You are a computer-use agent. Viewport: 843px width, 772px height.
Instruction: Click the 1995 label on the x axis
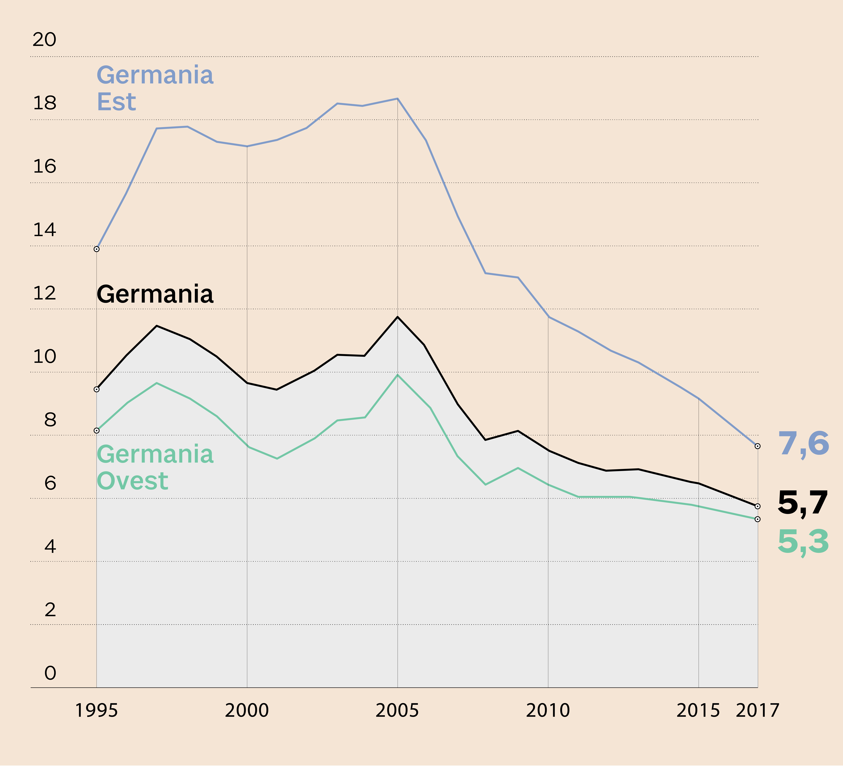[96, 711]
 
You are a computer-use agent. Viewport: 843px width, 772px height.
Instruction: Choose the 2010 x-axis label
[548, 711]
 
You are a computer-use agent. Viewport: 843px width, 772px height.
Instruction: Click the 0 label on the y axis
[50, 673]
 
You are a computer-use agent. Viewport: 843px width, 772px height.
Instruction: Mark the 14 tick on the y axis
[44, 230]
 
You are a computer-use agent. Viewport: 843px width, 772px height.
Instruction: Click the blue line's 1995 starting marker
[97, 249]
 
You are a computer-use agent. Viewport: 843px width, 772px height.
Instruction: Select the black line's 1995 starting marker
[97, 389]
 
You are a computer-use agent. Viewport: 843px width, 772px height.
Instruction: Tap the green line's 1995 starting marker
[97, 431]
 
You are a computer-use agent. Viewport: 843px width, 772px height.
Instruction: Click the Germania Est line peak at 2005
[397, 99]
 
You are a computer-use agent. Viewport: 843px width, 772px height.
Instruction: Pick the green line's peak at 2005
[397, 375]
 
